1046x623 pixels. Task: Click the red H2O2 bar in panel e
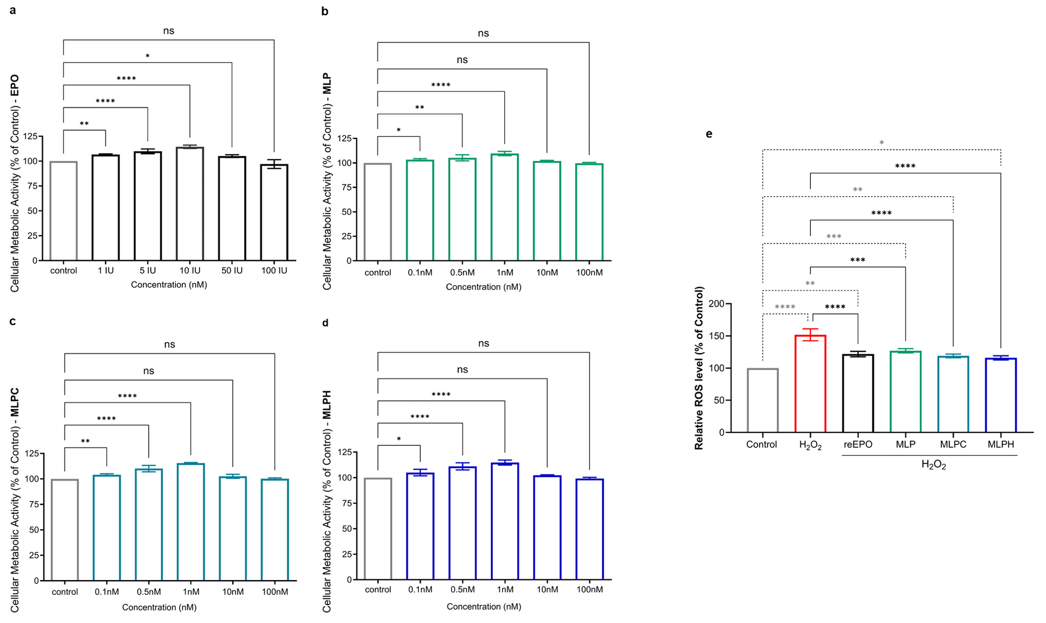click(x=810, y=383)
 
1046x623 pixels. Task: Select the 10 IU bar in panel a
click(x=190, y=204)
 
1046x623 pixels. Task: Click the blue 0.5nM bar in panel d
click(x=462, y=523)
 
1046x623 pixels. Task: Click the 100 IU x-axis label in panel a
click(x=274, y=271)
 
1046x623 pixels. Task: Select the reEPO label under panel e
click(x=858, y=444)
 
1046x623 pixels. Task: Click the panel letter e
click(x=709, y=134)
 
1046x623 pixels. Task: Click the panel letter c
click(x=13, y=321)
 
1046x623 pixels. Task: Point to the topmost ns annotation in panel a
click(x=169, y=31)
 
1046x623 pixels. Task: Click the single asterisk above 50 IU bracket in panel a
click(x=148, y=56)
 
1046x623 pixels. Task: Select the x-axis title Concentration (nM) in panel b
click(x=483, y=287)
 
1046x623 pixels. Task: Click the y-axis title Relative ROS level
click(x=699, y=368)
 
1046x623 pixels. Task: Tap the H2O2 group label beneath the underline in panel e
click(x=933, y=465)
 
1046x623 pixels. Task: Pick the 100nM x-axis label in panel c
click(x=275, y=592)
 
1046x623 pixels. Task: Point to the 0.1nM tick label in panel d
click(x=420, y=589)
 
